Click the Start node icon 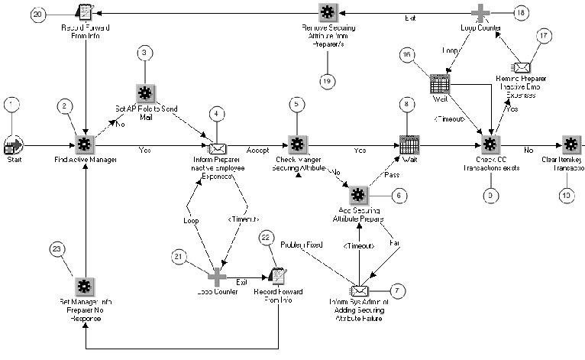(13, 144)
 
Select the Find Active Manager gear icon (85, 144)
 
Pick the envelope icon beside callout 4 (218, 145)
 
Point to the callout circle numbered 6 (396, 195)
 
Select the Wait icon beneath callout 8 (408, 144)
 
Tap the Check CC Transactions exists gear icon (490, 144)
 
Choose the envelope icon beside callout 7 (359, 290)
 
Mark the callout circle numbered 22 (266, 239)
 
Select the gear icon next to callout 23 (84, 287)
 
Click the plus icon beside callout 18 (480, 12)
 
